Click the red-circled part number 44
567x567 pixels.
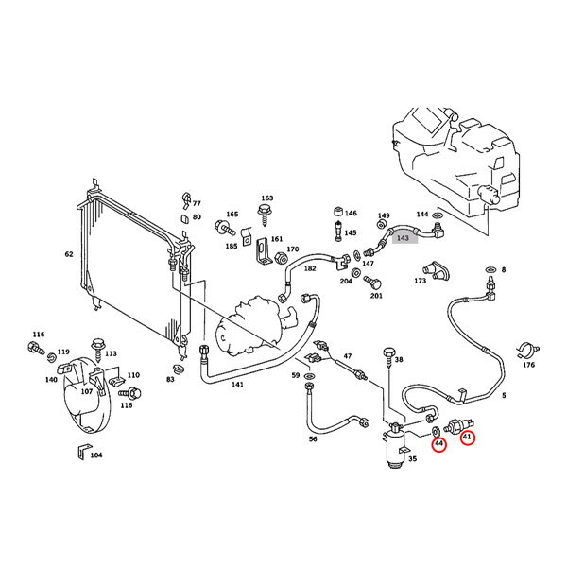tap(439, 444)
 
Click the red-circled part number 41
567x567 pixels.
tap(467, 437)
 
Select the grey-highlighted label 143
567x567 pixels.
tap(403, 238)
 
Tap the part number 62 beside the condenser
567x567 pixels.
tap(69, 254)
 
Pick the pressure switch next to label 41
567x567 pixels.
tap(458, 425)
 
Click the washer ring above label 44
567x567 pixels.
tap(436, 431)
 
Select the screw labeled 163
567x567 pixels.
tap(265, 215)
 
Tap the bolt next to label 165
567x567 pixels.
tap(225, 228)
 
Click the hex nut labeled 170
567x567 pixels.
tap(281, 258)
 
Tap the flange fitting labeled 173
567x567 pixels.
tap(437, 271)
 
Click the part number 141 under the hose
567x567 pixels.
tap(237, 385)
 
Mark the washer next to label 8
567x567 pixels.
tap(491, 270)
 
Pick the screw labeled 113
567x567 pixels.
tap(97, 349)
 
